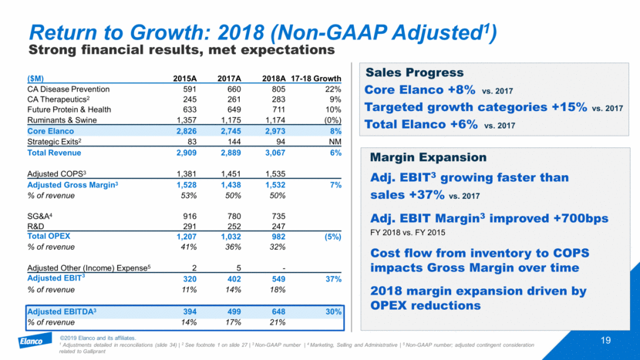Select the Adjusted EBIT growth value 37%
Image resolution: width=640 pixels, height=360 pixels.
point(332,278)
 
